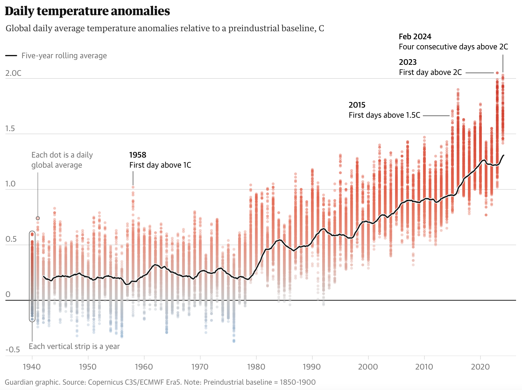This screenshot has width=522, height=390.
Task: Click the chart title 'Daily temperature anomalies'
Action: pos(87,11)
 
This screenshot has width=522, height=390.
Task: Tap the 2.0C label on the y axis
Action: pos(13,73)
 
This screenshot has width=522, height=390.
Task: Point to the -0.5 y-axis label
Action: pos(13,350)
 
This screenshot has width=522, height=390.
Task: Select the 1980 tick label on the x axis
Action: pos(256,367)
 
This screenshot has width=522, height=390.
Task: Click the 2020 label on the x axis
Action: pos(480,367)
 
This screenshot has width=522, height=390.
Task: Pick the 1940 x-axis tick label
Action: pos(32,367)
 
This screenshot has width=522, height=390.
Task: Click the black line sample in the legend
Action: pos(11,56)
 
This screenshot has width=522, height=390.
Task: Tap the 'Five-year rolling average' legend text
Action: pos(64,56)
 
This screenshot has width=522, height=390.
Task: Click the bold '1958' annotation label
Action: pos(138,155)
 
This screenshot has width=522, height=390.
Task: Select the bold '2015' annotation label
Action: pos(357,105)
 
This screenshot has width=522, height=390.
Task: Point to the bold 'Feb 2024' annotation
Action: pos(415,37)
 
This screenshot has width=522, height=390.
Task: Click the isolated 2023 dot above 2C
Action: pos(497,73)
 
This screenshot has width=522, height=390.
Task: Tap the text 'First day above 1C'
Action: pos(160,165)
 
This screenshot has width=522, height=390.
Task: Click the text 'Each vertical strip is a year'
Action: pos(74,346)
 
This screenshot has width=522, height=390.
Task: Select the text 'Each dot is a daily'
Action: pos(62,155)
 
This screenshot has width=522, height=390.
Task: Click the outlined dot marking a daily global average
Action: pos(38,218)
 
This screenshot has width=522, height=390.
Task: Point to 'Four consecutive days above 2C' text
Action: pos(453,47)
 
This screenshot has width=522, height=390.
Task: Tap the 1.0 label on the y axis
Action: pos(10,184)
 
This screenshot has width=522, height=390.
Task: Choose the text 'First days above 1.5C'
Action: pos(384,115)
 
